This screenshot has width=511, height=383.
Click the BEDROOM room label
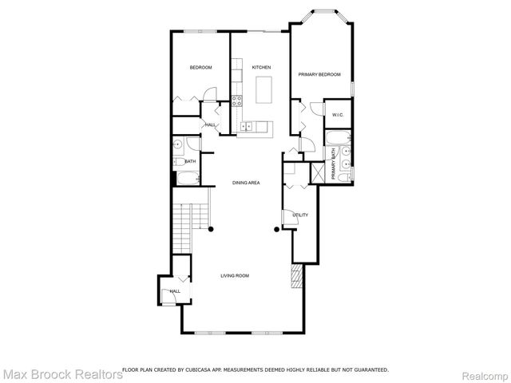pyautogui.click(x=200, y=68)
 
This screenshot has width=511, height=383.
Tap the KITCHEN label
pyautogui.click(x=261, y=68)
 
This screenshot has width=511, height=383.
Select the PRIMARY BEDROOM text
pyautogui.click(x=319, y=74)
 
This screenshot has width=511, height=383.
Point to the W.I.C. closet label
pyautogui.click(x=338, y=115)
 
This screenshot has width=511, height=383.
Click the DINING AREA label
pyautogui.click(x=246, y=183)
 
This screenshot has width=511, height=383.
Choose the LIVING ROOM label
pyautogui.click(x=236, y=275)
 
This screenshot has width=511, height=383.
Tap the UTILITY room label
pyautogui.click(x=300, y=215)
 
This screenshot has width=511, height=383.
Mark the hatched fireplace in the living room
pyautogui.click(x=297, y=277)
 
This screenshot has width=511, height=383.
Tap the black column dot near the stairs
pyautogui.click(x=211, y=230)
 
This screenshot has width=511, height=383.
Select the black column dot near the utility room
pyautogui.click(x=277, y=230)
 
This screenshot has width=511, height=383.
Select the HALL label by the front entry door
pyautogui.click(x=175, y=291)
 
